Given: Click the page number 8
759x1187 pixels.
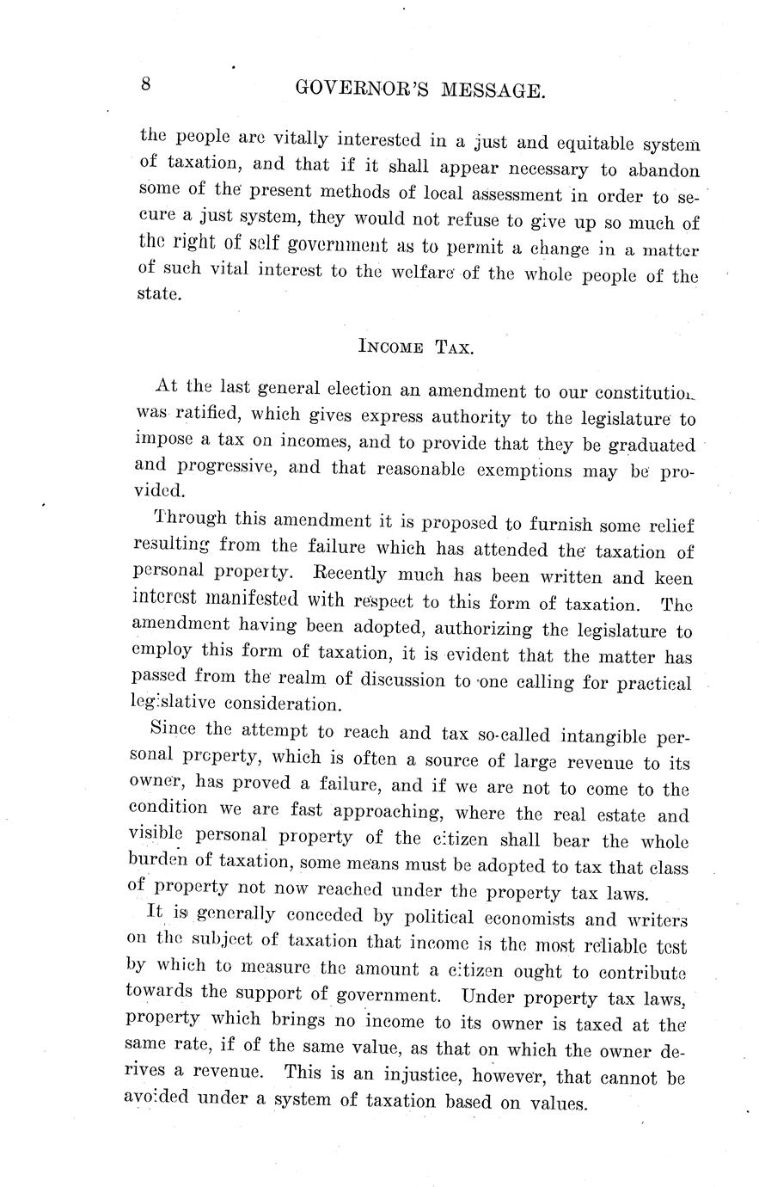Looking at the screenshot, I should click(x=146, y=84).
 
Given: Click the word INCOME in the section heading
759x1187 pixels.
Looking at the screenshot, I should click(x=389, y=347).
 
